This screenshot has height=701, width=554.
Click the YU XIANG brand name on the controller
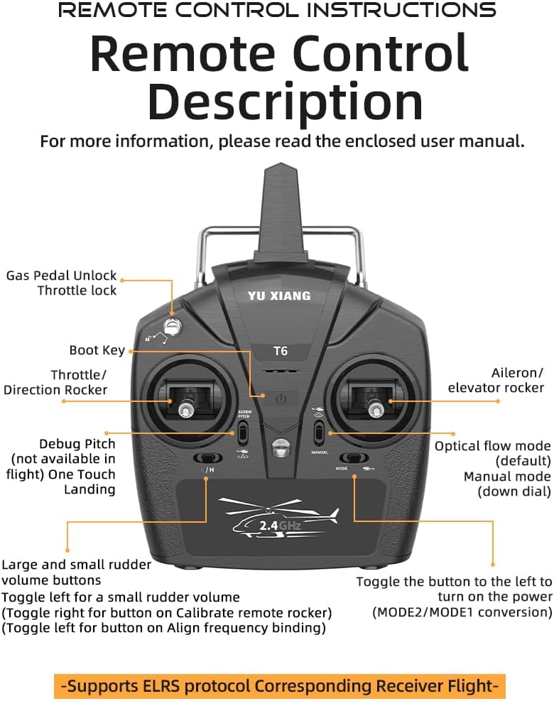pyautogui.click(x=279, y=295)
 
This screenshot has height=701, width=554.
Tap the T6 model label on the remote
pyautogui.click(x=281, y=351)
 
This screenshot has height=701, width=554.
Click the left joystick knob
pyautogui.click(x=186, y=409)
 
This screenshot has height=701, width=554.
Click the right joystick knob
pyautogui.click(x=374, y=409)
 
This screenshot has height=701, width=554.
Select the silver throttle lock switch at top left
pyautogui.click(x=170, y=326)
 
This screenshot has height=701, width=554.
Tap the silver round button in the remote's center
pyautogui.click(x=280, y=449)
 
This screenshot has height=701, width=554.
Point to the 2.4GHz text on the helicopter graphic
pyautogui.click(x=279, y=526)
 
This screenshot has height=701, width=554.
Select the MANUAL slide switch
pyautogui.click(x=320, y=431)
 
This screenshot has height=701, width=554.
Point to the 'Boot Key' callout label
pyautogui.click(x=97, y=350)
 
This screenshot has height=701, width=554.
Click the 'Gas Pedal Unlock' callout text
pyautogui.click(x=62, y=276)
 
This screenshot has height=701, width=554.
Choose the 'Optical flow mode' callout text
pyautogui.click(x=492, y=446)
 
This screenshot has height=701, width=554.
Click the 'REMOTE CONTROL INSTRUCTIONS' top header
pyautogui.click(x=277, y=10)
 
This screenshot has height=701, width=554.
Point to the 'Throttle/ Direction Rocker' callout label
pyautogui.click(x=57, y=382)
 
